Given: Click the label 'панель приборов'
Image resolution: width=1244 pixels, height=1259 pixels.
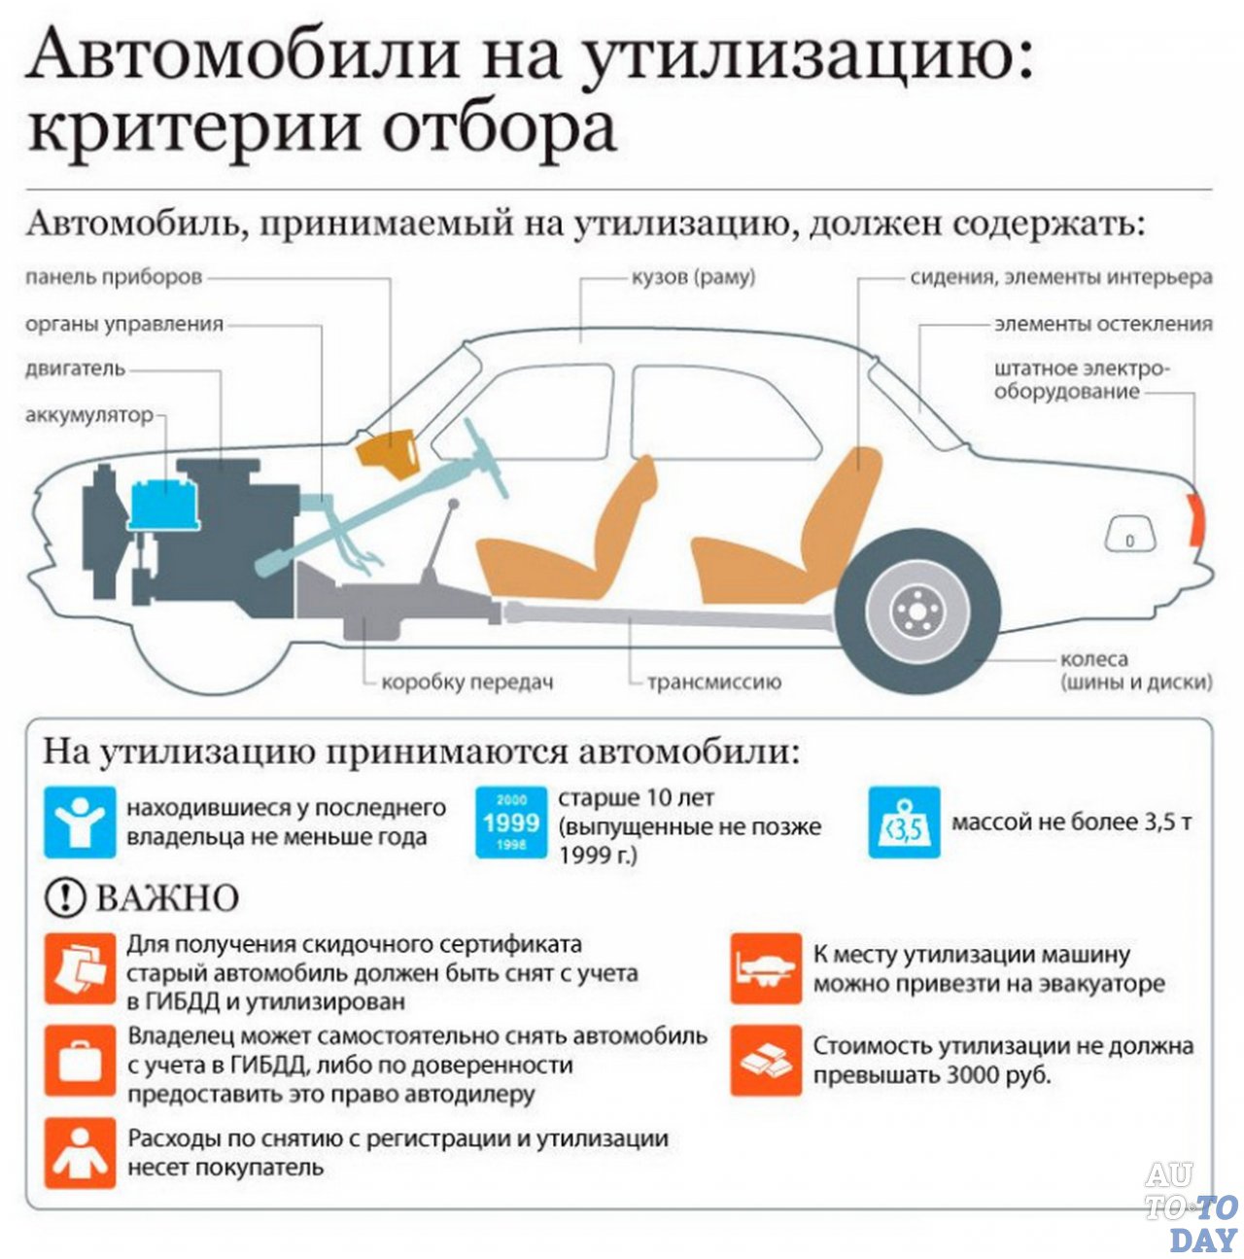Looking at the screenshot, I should click(114, 277).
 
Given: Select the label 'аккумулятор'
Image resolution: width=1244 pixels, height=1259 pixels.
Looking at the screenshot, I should click(89, 416).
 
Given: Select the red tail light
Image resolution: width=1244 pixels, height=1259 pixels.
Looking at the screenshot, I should click(1196, 517).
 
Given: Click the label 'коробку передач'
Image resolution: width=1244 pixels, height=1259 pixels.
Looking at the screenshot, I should click(466, 682).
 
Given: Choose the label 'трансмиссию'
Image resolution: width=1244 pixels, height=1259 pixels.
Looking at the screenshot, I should click(714, 682).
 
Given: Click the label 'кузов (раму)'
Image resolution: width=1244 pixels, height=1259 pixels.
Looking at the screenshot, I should click(693, 277).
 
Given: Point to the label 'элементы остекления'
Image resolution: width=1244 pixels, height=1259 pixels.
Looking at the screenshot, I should click(1103, 324).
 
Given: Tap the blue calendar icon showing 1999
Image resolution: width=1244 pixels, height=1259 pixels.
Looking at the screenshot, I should click(511, 822).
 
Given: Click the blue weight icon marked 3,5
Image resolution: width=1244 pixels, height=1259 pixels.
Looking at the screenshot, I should click(904, 822).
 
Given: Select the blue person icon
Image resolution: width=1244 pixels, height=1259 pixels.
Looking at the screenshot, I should click(79, 822).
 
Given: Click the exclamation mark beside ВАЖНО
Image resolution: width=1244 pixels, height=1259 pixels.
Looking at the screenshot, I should click(65, 897).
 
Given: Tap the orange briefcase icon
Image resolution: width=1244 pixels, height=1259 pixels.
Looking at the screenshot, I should click(79, 1061).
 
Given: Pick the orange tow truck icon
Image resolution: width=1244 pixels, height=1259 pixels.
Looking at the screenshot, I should click(765, 968).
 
